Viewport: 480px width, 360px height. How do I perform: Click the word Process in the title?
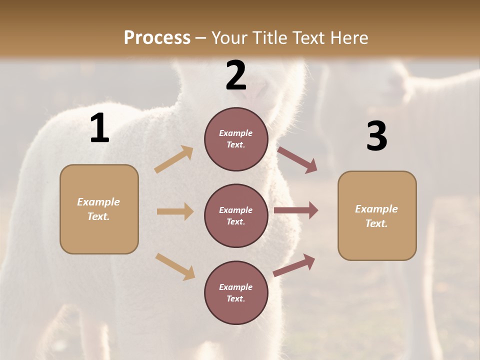tap(157, 37)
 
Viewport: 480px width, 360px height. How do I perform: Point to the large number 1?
tap(99, 128)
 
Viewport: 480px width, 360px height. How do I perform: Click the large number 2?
tap(236, 75)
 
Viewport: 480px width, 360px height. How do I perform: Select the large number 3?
tap(376, 136)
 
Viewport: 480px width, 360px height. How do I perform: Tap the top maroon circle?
tap(236, 139)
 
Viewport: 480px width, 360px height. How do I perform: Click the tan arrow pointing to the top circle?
tap(174, 159)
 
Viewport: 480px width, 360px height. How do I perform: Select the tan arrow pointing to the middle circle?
tap(175, 211)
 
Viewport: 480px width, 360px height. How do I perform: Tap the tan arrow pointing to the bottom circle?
tap(175, 266)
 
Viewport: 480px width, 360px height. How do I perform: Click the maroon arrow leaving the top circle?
tap(297, 160)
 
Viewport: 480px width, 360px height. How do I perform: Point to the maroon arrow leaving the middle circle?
tap(296, 210)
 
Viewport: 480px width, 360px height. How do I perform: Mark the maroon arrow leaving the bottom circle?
tap(294, 265)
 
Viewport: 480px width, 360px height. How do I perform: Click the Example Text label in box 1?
tap(99, 209)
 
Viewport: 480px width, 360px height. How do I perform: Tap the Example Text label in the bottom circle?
tap(236, 293)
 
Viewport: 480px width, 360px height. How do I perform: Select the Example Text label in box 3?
tap(377, 216)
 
